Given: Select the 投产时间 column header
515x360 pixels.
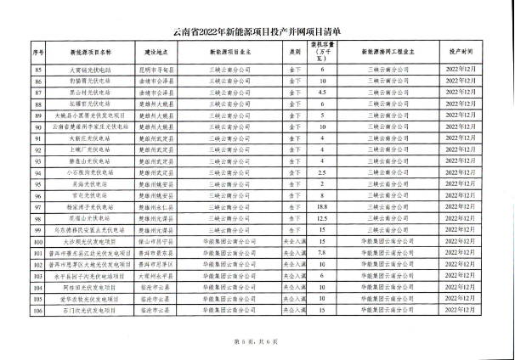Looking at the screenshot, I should click(462, 52).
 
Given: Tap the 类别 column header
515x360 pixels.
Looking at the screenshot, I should click(295, 52).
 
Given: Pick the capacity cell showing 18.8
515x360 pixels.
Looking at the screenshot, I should click(322, 205).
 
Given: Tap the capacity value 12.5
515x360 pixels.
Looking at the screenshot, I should click(322, 217).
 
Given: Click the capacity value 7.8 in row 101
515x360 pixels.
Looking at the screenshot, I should click(322, 252).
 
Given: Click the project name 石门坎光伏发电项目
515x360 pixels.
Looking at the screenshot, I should click(83, 310).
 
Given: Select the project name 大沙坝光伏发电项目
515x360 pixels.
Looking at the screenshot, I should click(83, 241).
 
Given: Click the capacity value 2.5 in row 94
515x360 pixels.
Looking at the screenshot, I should click(322, 171).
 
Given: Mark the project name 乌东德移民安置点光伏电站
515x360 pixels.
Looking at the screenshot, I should click(83, 229).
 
